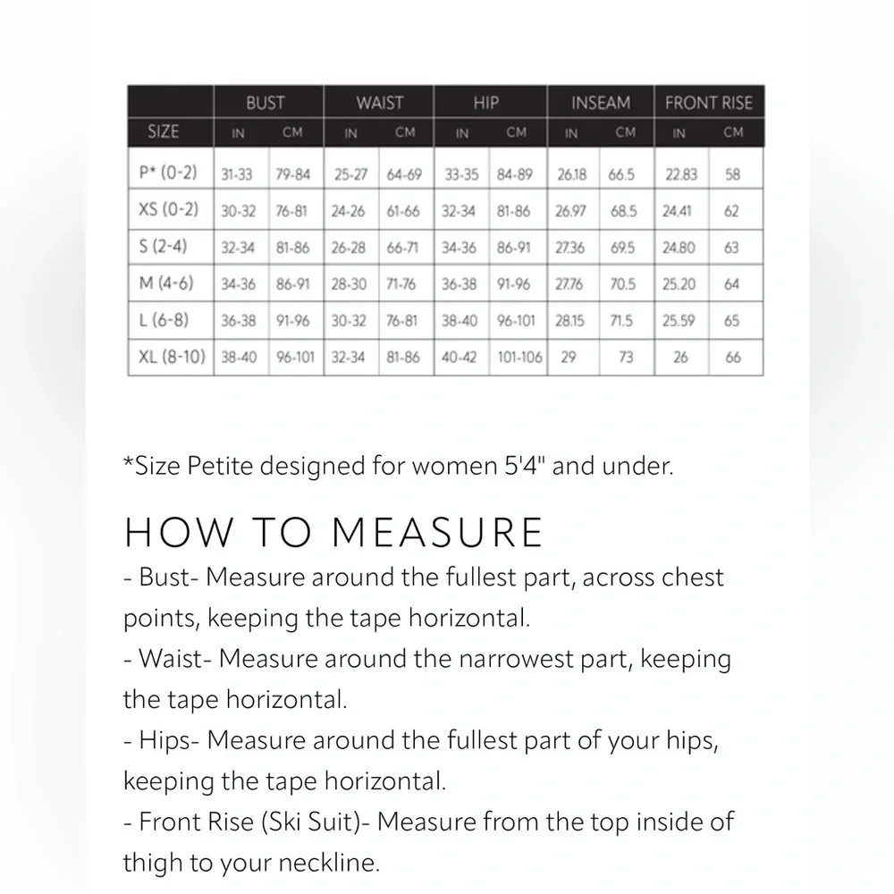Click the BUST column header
pos(266,103)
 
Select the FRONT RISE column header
pos(709,103)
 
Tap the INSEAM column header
pos(601,103)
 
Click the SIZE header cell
pos(163,131)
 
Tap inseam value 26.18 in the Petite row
pos(571,174)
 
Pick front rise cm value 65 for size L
pos(732,321)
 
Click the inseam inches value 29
pos(567,358)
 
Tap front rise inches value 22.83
pos(681,174)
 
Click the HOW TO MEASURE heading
pos(333,531)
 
